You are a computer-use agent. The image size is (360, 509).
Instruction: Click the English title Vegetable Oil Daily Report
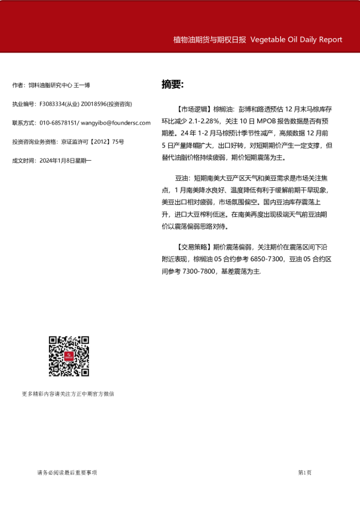tap(296, 40)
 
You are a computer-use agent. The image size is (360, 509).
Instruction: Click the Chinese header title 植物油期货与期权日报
tap(209, 40)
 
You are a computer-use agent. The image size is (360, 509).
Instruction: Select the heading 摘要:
tap(172, 84)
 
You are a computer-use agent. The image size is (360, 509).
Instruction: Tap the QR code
tap(69, 356)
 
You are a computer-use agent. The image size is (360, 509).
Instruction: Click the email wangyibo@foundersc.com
tap(115, 123)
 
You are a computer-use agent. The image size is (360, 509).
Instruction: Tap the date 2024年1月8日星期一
tap(65, 160)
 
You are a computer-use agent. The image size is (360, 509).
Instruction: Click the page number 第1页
tap(305, 473)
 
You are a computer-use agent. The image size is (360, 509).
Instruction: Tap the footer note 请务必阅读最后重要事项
tap(67, 473)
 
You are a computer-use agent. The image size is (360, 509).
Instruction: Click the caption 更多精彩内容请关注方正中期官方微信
tap(68, 394)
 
